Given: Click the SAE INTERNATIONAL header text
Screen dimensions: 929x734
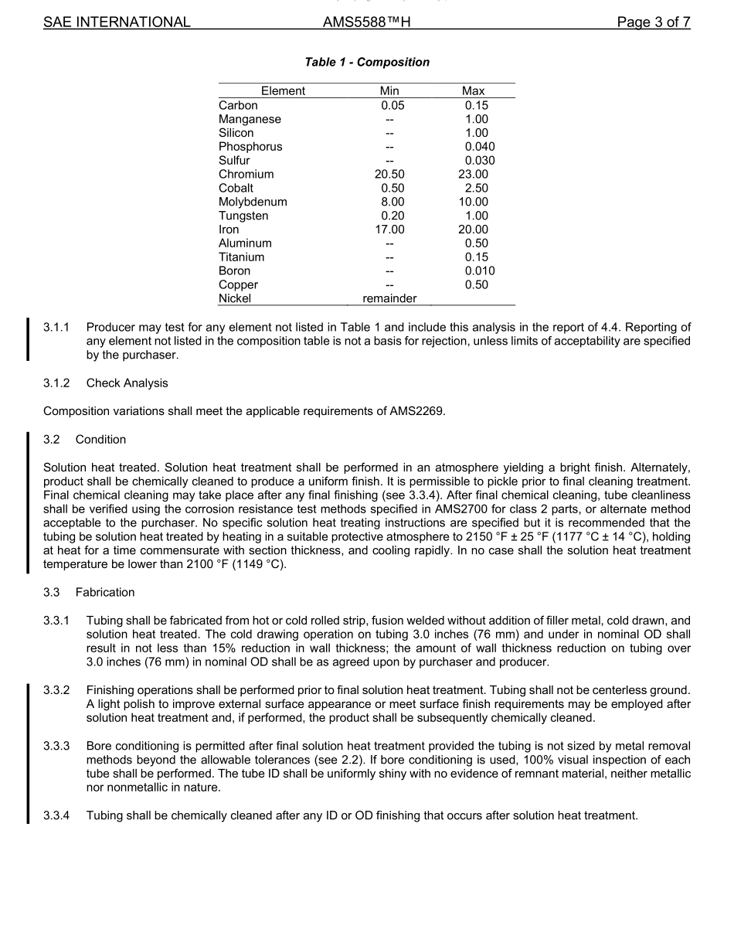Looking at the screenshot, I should tap(117, 22).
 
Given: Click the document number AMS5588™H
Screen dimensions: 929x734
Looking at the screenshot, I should tap(366, 22).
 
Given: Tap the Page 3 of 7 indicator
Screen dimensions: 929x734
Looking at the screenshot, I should tap(653, 22).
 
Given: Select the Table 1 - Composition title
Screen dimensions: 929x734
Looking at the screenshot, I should tap(367, 63).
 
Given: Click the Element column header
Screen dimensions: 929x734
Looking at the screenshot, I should tap(283, 91).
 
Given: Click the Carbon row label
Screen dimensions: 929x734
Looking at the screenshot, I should tap(238, 105).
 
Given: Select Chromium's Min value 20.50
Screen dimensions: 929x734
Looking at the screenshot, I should tap(389, 175).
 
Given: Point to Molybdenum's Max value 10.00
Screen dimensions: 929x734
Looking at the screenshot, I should tap(473, 202).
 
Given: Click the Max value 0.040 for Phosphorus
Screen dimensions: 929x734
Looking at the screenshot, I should tap(480, 147).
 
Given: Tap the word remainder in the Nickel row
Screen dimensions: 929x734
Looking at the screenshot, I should tap(389, 298).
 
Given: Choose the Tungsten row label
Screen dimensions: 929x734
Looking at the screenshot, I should tap(243, 216).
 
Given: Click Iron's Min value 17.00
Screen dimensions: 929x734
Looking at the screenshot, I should tap(389, 230).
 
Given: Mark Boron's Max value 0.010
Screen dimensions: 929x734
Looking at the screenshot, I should tap(480, 271).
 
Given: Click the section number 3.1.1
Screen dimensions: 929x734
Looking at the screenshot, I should tap(56, 328).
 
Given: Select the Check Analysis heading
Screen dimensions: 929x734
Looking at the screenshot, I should tap(127, 383).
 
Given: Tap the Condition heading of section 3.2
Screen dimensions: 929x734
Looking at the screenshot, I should tap(100, 440).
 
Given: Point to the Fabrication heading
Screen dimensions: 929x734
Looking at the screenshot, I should tap(105, 593).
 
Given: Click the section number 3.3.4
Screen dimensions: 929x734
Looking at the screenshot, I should tap(56, 815).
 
